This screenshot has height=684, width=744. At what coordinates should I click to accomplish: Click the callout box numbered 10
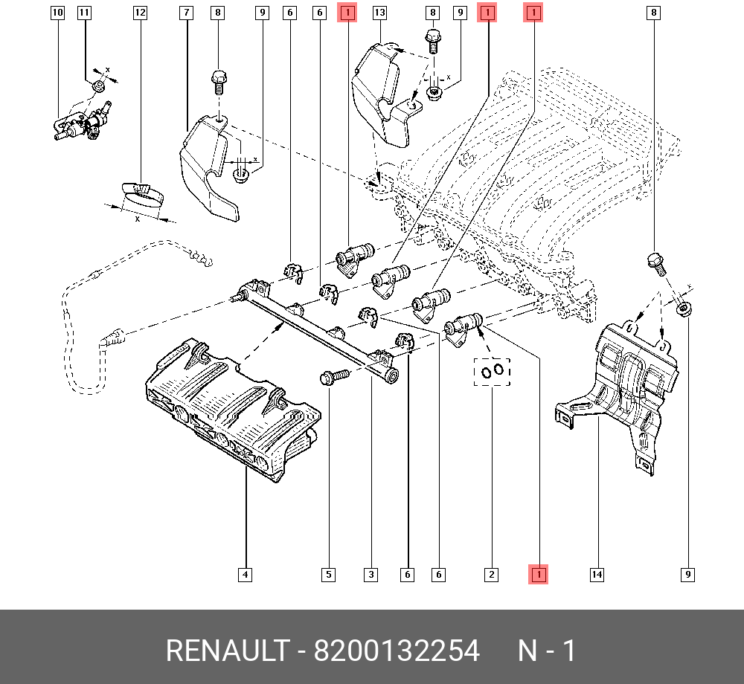(x=58, y=13)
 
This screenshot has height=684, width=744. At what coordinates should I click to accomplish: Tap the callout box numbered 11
(x=84, y=13)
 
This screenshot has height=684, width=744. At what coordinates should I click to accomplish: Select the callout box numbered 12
(x=140, y=13)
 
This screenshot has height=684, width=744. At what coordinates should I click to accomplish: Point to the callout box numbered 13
(x=379, y=13)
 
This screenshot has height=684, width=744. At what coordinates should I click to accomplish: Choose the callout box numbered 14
(x=597, y=574)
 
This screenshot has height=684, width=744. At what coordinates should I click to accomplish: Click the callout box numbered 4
(x=246, y=574)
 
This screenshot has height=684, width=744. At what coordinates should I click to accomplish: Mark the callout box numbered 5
(x=328, y=574)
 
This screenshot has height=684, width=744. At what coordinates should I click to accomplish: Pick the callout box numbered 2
(x=490, y=574)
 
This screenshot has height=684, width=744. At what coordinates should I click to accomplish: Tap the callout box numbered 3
(x=371, y=574)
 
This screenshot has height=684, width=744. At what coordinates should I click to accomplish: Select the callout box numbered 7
(x=186, y=13)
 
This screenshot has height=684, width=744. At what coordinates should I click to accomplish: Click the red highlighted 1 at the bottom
(x=538, y=574)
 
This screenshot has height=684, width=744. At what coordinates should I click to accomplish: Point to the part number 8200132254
(x=396, y=651)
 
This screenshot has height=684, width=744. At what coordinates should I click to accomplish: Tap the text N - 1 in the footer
(x=547, y=651)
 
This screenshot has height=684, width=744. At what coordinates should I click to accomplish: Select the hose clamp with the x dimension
(x=142, y=195)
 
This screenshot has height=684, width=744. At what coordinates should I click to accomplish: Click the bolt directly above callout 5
(x=332, y=377)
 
